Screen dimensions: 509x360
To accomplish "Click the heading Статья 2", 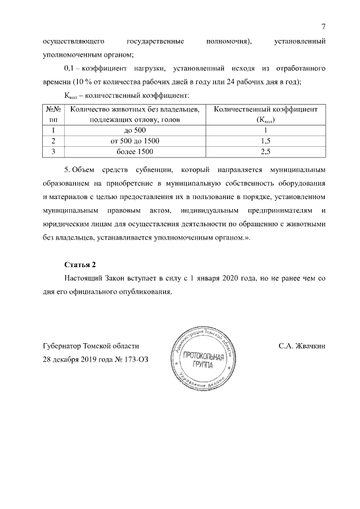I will click(80, 264).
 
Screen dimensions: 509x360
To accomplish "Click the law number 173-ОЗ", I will click(138, 359).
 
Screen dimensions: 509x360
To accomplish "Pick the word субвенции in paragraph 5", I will click(154, 169).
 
